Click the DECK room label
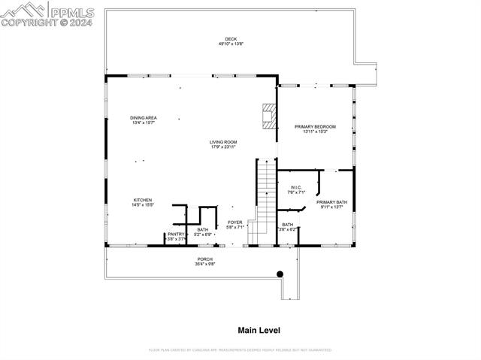(230, 39)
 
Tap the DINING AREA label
(143, 117)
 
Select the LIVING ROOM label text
(224, 141)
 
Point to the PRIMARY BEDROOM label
(314, 126)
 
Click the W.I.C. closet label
(295, 187)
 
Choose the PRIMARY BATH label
(331, 202)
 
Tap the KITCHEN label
(143, 200)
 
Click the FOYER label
(235, 222)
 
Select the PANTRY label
(176, 234)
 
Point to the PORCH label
(205, 259)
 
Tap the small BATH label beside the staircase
(288, 225)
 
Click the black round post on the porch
(280, 274)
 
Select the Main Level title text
(259, 330)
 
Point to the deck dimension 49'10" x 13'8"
(230, 44)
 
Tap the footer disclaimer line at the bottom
(240, 350)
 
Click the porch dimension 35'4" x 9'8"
(205, 265)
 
